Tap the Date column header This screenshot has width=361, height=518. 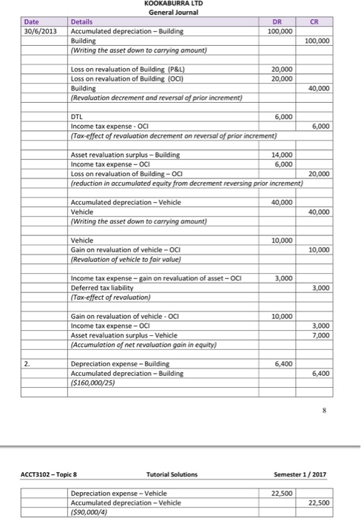(x=34, y=22)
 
